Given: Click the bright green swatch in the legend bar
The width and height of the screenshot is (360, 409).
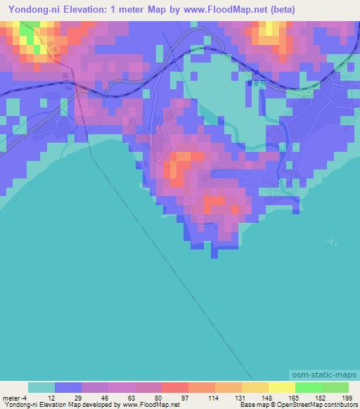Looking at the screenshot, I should coord(309,387).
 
